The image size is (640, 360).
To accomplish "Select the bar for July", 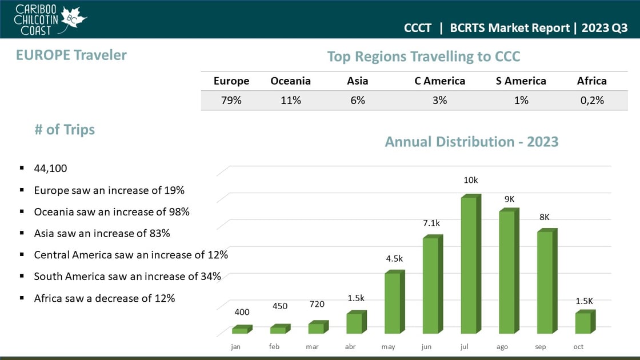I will coord(469,265).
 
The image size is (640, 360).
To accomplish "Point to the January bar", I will coord(240,330).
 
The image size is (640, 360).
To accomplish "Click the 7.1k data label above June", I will coord(431,223).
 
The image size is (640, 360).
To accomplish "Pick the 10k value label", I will coord(470,181).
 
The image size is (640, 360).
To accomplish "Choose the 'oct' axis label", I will coord(578,347).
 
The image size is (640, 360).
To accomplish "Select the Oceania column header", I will coord(290,81).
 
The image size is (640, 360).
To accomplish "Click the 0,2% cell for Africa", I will coord(591,101).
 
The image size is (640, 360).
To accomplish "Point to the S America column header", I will coord(521,81).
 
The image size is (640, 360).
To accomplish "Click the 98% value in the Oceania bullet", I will coord(179,212).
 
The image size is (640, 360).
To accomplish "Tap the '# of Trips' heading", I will coord(64,130).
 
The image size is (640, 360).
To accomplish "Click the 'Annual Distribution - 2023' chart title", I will coord(471,142).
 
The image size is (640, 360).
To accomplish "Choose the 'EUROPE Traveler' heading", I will coord(71,55).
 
